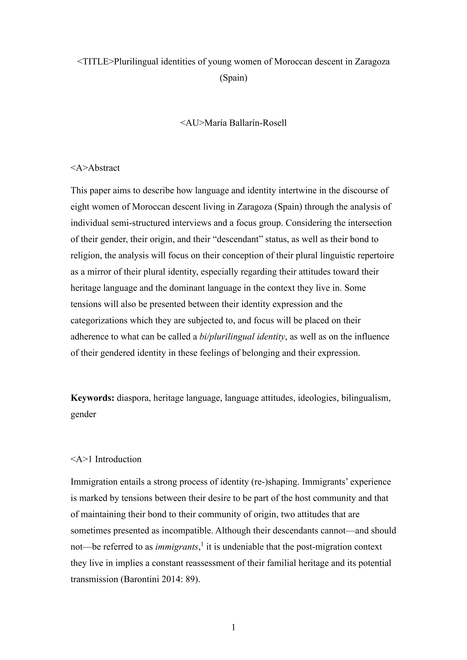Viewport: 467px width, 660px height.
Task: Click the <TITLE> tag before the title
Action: click(96, 62)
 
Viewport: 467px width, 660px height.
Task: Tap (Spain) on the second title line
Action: click(233, 78)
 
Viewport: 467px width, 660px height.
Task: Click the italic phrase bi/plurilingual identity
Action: click(242, 336)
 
